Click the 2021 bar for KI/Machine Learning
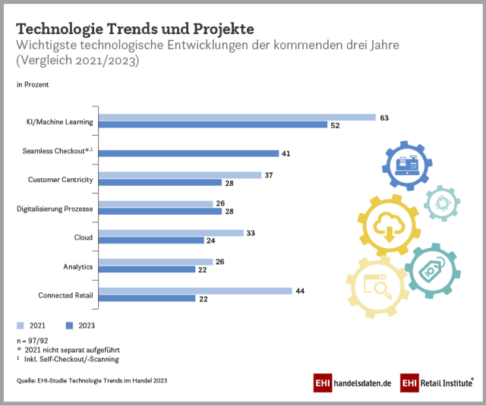point(238,118)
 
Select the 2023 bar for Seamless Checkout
point(190,153)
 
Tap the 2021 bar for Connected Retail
point(196,291)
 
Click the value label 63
point(384,118)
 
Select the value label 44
point(300,291)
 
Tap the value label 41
point(286,153)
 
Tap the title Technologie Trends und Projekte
point(135,28)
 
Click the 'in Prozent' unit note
point(33,85)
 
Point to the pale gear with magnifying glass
point(377,287)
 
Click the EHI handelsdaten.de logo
point(352,383)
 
